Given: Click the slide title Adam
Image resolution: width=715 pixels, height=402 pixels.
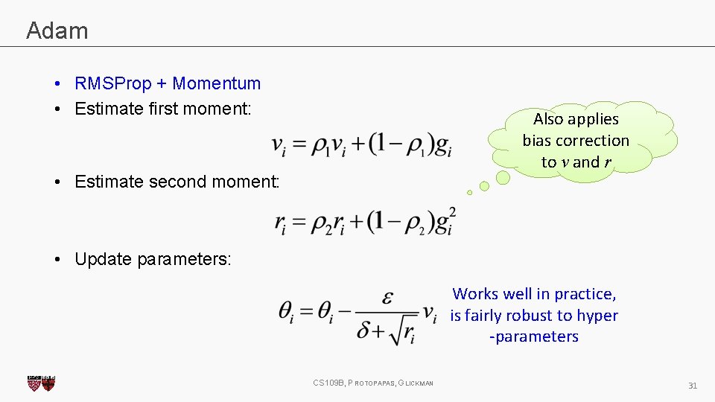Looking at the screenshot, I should [57, 31].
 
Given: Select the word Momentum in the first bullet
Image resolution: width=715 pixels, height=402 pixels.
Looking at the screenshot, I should [217, 83].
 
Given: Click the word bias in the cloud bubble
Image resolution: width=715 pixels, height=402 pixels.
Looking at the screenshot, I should [536, 141].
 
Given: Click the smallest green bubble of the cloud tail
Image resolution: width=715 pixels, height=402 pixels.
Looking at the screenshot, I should [469, 193].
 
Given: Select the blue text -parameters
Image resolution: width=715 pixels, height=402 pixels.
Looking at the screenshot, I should [533, 336].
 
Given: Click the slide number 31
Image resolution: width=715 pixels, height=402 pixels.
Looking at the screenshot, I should [692, 386].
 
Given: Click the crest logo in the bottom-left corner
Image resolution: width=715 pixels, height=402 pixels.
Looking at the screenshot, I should [41, 383].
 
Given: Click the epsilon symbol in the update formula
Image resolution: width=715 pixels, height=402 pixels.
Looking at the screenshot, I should [387, 298].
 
